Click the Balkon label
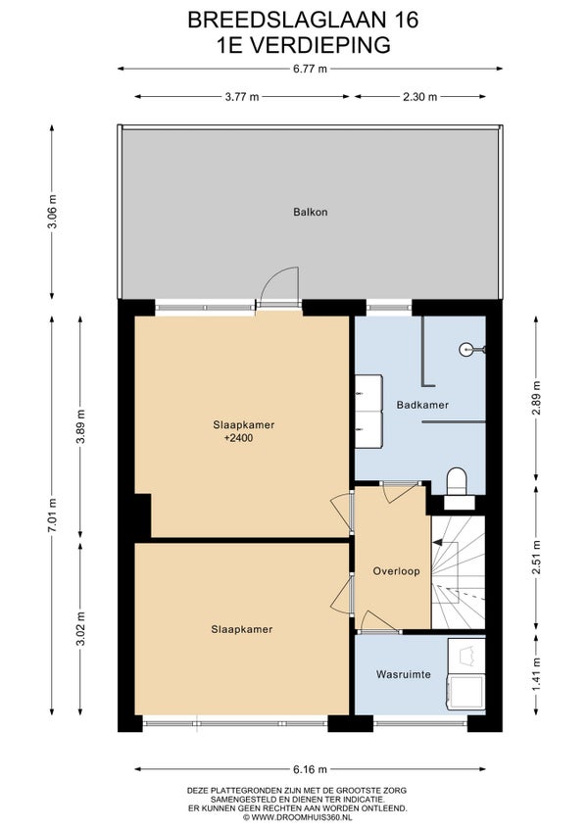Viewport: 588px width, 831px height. [x=311, y=212]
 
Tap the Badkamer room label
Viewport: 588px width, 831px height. [x=422, y=405]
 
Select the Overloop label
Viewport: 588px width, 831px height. [x=396, y=571]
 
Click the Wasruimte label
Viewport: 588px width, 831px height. [x=403, y=674]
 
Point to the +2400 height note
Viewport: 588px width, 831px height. [x=238, y=438]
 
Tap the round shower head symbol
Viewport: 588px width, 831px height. [x=465, y=349]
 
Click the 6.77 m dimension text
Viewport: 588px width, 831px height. [x=311, y=69]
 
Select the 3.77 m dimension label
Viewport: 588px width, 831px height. [x=242, y=96]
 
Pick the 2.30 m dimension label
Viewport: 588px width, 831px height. [x=419, y=96]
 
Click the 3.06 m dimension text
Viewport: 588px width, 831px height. [x=52, y=212]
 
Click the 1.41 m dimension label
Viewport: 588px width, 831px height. [x=537, y=674]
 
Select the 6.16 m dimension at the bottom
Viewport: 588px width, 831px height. [x=311, y=769]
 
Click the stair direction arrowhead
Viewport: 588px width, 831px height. [x=437, y=542]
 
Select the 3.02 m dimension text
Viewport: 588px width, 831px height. [x=80, y=628]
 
